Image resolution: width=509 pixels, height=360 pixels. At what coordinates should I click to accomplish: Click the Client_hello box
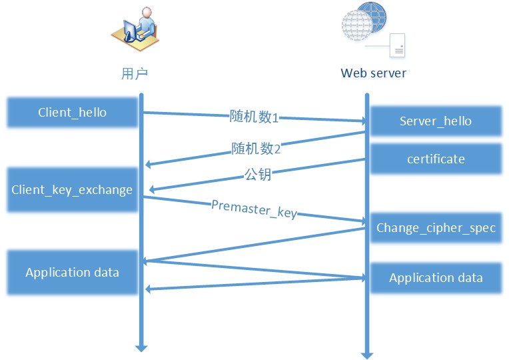(x=72, y=112)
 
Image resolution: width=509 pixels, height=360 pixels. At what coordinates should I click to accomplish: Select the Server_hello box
(x=436, y=121)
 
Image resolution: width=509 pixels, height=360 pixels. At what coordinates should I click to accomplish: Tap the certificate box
(x=436, y=159)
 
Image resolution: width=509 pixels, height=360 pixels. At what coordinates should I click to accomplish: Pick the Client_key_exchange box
(x=72, y=190)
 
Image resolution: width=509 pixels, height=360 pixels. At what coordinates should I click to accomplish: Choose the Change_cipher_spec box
(x=436, y=227)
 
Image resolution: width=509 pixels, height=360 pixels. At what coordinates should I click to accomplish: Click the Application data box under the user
(x=72, y=272)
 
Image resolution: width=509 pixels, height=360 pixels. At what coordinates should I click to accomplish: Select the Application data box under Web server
(x=436, y=277)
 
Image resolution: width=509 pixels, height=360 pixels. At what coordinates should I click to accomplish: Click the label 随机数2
(x=256, y=149)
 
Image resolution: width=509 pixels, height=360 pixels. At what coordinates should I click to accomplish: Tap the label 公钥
(x=258, y=177)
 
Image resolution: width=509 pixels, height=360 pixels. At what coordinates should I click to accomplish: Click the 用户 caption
(x=134, y=73)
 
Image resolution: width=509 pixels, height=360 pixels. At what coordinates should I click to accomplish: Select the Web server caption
(x=373, y=73)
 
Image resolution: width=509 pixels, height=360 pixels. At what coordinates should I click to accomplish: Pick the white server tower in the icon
(x=397, y=45)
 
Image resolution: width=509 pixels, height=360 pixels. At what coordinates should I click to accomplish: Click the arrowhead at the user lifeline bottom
(x=141, y=347)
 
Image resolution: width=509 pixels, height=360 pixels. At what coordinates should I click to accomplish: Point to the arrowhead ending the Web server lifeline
(x=366, y=354)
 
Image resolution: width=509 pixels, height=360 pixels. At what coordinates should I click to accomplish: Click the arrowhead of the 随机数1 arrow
(x=363, y=122)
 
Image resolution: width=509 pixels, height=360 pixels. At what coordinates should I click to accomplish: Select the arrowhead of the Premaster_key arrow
(x=363, y=220)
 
